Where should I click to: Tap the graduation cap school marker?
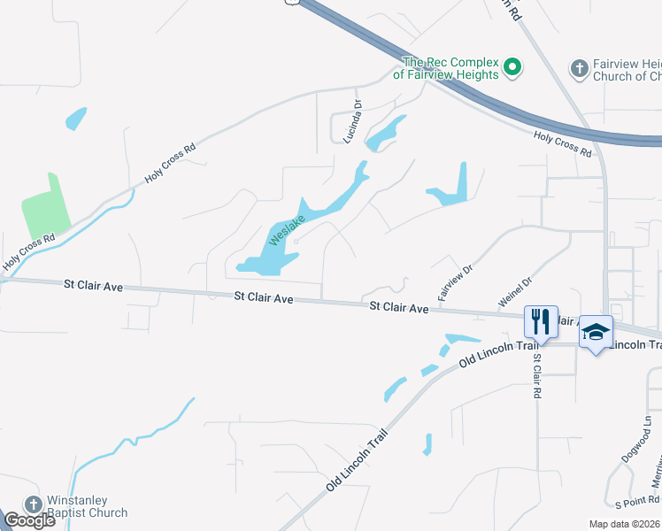(596, 333)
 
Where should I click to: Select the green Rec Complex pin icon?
(512, 66)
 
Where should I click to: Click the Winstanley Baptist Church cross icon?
(33, 504)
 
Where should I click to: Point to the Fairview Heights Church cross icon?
(580, 68)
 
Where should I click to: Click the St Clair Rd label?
(535, 376)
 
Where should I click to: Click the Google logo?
(30, 520)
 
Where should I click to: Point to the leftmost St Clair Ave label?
(93, 287)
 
